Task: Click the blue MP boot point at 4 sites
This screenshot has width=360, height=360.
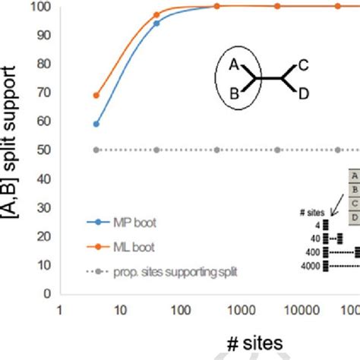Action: (96, 124)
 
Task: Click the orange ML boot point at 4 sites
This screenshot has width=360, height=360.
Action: (96, 96)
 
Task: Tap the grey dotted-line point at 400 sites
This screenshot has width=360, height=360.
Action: (217, 150)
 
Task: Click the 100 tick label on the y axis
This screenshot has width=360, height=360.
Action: (42, 7)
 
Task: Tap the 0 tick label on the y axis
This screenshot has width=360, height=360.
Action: (48, 292)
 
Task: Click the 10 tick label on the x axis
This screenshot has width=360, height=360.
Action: (119, 310)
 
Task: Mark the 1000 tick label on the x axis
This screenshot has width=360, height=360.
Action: (240, 310)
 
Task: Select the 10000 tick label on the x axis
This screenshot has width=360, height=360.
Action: (300, 310)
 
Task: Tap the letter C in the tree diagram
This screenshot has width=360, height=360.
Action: (303, 66)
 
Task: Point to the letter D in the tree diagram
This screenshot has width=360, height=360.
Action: (303, 93)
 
